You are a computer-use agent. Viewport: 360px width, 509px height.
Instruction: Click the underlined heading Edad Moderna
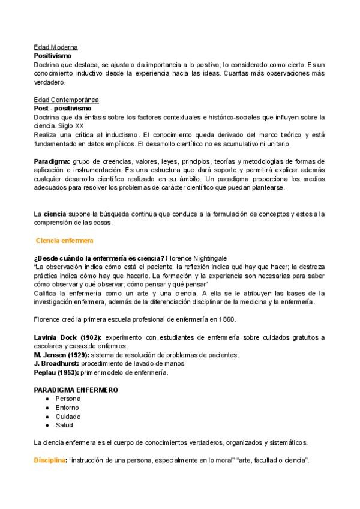[56, 47]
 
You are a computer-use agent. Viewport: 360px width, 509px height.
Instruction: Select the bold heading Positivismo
[53, 55]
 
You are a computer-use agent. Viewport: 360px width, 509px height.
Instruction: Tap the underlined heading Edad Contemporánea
[67, 100]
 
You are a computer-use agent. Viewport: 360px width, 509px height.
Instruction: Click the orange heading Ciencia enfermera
[65, 240]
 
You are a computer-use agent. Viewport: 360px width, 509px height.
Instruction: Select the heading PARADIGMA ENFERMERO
[76, 390]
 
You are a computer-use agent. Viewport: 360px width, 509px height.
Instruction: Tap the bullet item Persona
[68, 399]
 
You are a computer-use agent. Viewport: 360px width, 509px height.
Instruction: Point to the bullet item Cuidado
[68, 417]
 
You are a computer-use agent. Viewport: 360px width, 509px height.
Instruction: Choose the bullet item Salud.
[65, 425]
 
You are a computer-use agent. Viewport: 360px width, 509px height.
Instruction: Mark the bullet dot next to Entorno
[47, 408]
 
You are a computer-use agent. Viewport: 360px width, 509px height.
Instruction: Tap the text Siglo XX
[71, 126]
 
